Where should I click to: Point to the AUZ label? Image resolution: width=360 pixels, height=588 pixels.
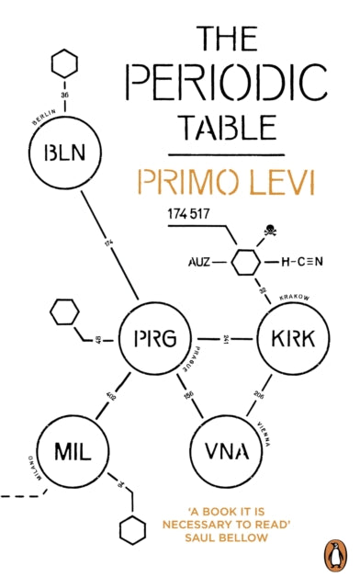coord(204,263)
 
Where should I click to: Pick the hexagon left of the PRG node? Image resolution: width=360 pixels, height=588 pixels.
coord(63,312)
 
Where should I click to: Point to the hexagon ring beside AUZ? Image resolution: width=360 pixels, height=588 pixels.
coord(245,263)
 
